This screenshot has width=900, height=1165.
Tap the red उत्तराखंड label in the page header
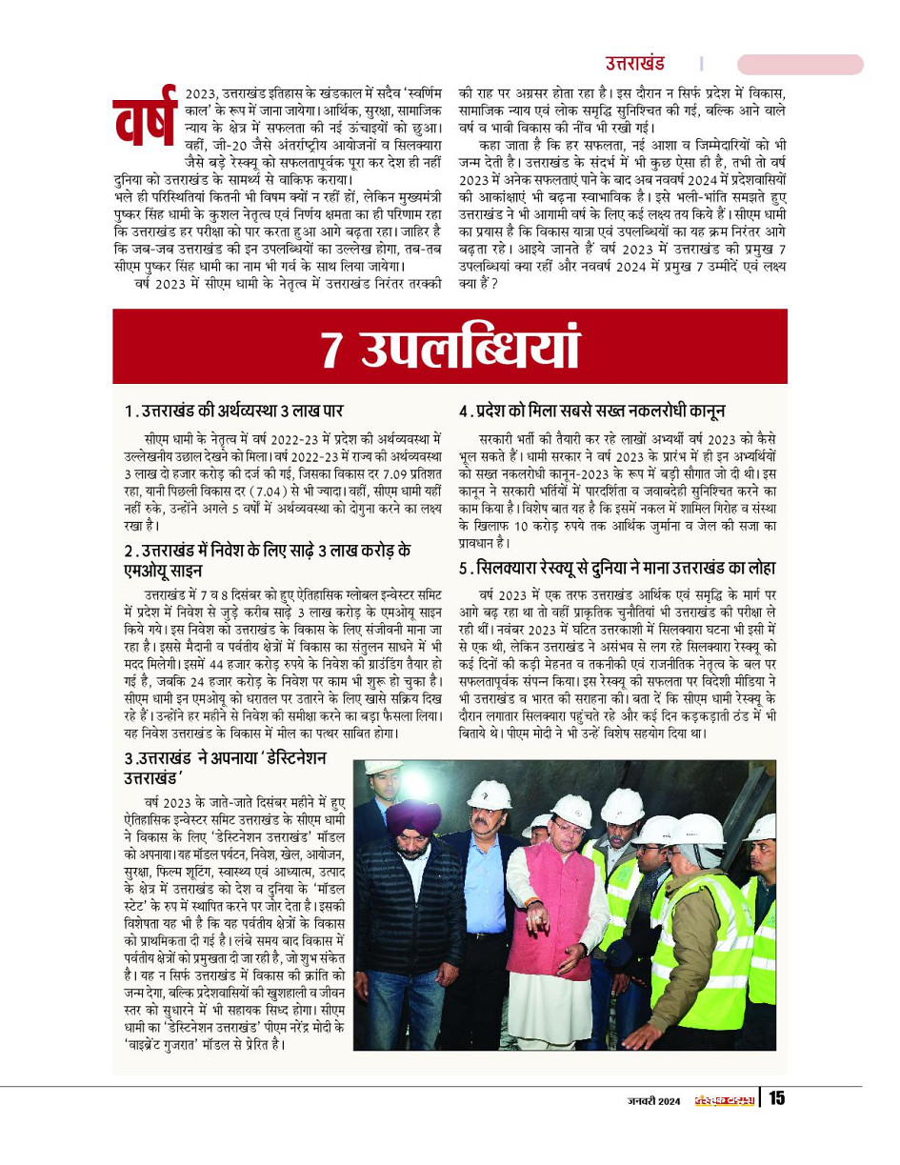(x=634, y=64)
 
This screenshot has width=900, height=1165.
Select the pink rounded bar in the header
(x=800, y=64)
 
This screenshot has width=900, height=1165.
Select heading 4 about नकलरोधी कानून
(x=591, y=411)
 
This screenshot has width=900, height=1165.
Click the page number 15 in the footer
(x=776, y=1098)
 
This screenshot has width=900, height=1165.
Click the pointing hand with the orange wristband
(x=538, y=922)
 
